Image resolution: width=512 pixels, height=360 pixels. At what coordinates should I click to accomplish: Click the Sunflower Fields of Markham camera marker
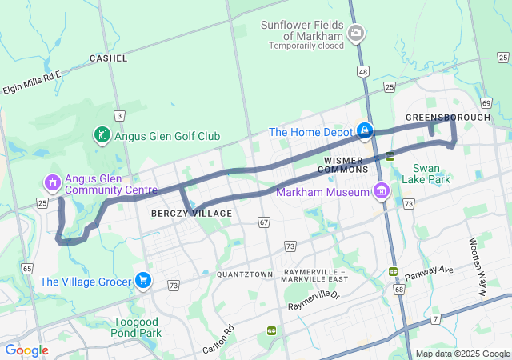pyautogui.click(x=356, y=34)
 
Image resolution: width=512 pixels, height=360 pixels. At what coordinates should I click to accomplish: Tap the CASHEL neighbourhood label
pyautogui.click(x=108, y=58)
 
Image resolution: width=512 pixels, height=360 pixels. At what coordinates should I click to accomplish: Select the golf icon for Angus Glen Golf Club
pyautogui.click(x=102, y=136)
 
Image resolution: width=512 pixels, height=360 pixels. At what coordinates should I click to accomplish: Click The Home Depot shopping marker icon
pyautogui.click(x=364, y=130)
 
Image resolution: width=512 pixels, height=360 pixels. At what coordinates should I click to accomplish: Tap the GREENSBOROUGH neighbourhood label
pyautogui.click(x=447, y=118)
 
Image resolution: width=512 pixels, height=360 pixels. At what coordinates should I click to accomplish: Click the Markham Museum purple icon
pyautogui.click(x=381, y=191)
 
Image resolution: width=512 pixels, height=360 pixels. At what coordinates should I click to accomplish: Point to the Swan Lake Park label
pyautogui.click(x=431, y=174)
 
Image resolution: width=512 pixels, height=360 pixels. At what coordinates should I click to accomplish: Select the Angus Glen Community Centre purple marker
pyautogui.click(x=53, y=183)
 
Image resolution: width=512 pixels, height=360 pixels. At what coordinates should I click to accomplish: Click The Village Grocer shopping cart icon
pyautogui.click(x=143, y=280)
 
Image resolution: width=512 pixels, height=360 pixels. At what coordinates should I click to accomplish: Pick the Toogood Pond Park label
pyautogui.click(x=137, y=327)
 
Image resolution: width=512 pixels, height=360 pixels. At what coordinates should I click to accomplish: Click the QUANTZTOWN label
pyautogui.click(x=245, y=274)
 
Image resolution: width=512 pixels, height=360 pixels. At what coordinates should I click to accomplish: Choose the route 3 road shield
pyautogui.click(x=118, y=115)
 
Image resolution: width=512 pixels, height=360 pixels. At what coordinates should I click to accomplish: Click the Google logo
pyautogui.click(x=26, y=350)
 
